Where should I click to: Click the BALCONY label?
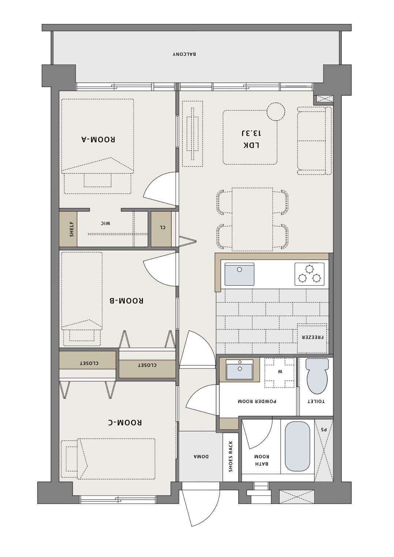point(184,54)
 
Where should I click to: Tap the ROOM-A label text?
point(98,139)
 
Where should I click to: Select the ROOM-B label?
point(127,301)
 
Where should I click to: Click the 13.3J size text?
point(251,133)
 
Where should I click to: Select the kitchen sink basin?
point(239,274)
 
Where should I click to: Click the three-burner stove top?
point(309,274)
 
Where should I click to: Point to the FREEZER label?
point(313,338)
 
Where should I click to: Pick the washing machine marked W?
point(280,373)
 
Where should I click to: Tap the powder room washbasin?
point(240,369)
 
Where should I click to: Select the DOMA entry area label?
point(201,456)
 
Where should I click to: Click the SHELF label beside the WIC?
point(72,229)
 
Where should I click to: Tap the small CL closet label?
point(162,227)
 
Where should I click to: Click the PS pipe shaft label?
point(323,429)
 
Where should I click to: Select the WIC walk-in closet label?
point(105,223)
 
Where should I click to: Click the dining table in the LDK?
point(252,219)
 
